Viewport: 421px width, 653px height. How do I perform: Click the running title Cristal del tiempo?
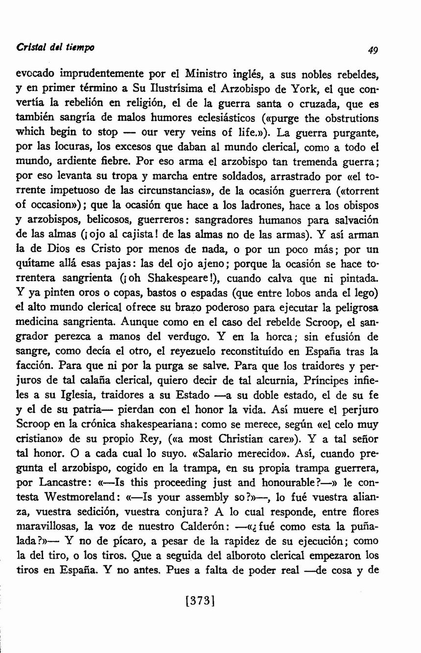point(55,47)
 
